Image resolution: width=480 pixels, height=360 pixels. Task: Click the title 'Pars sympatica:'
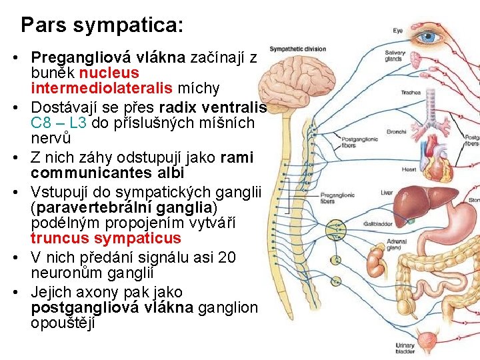[x=101, y=25]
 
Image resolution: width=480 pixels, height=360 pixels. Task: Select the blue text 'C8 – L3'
[x=57, y=123]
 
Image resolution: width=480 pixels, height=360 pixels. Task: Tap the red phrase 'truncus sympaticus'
[x=105, y=238]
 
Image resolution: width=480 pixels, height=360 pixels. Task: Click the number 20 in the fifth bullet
[x=227, y=257]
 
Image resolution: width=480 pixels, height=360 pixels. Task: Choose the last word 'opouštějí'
[x=63, y=323]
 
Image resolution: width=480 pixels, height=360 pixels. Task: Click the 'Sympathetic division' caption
[x=297, y=49]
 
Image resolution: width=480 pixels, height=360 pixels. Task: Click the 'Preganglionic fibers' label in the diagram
[x=337, y=198]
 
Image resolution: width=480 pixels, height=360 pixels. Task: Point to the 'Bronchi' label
[x=396, y=131]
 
